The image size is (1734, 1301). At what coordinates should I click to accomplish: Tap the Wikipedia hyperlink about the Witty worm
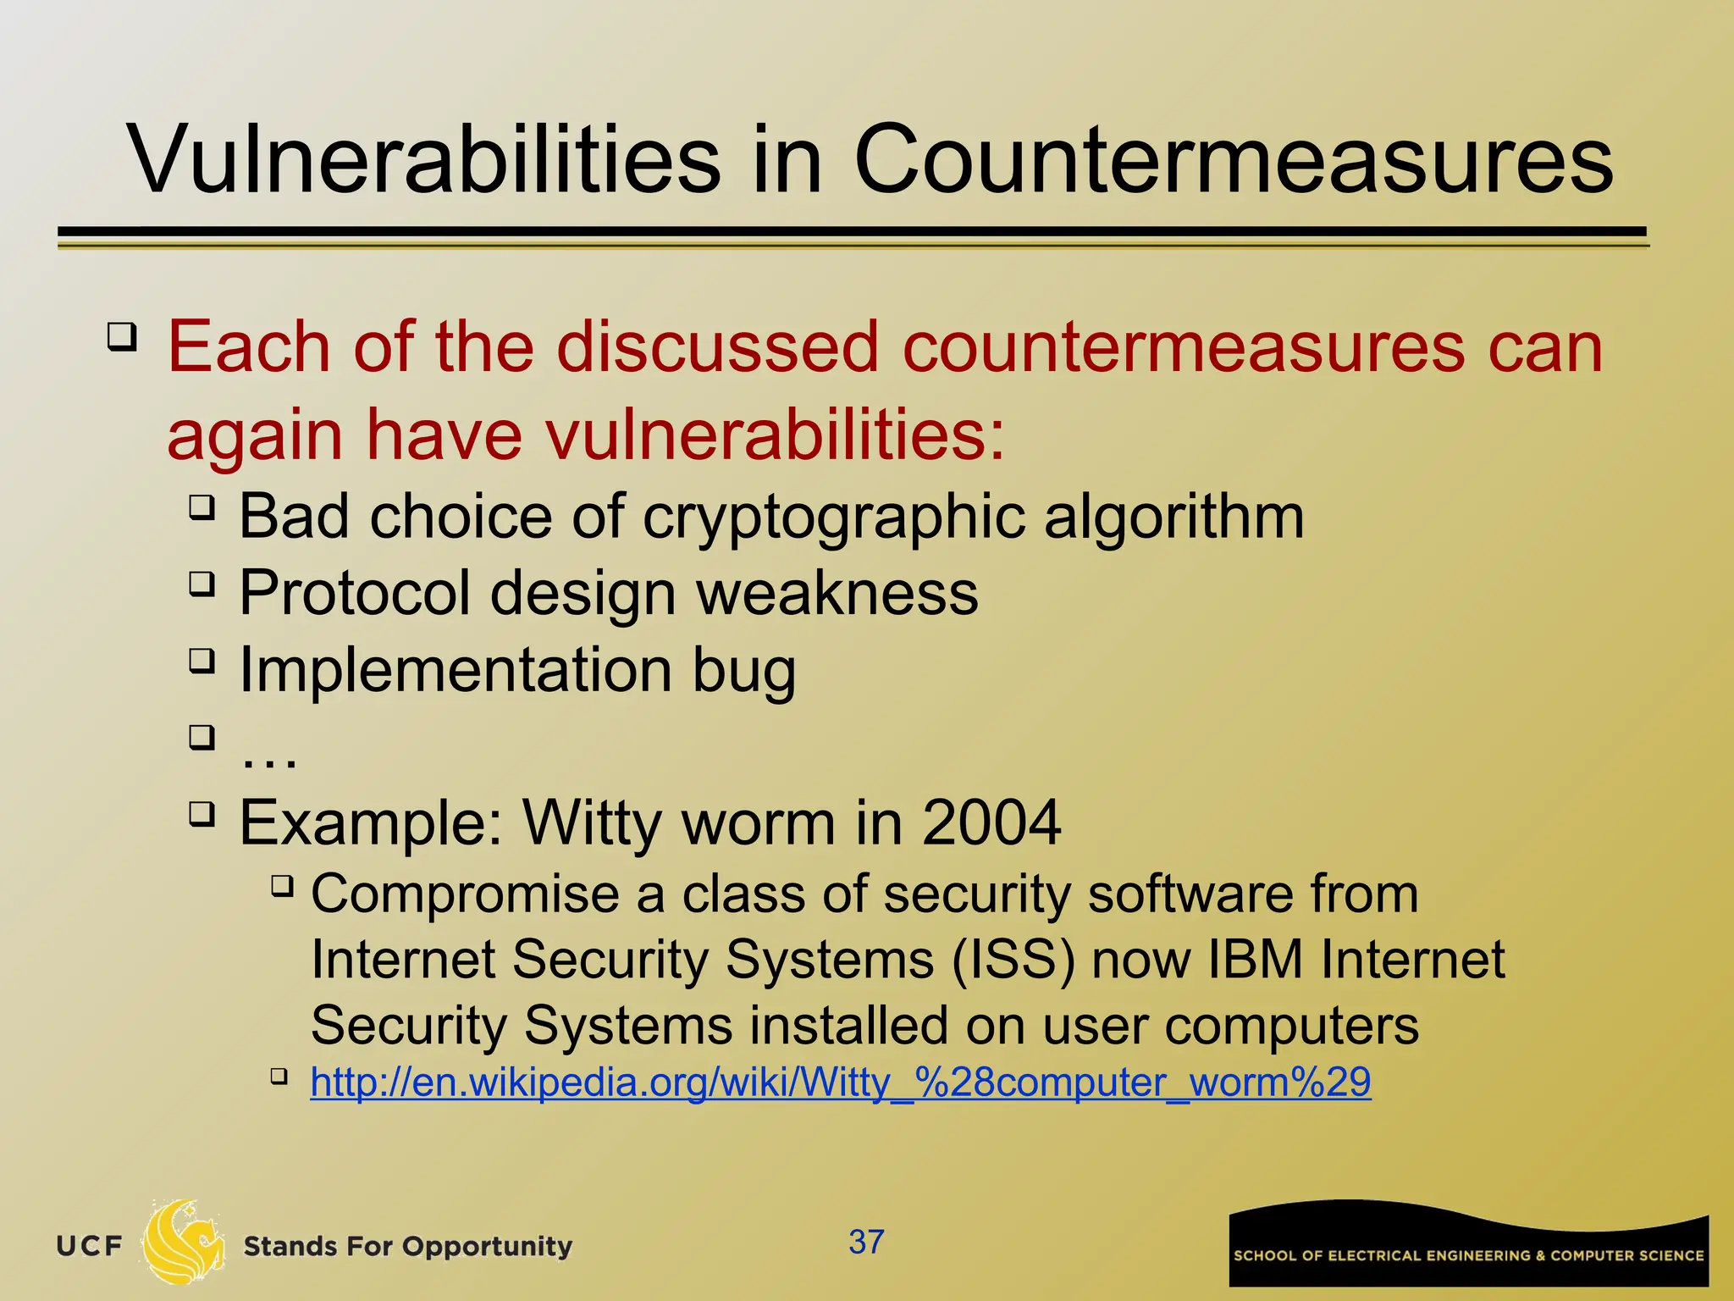pyautogui.click(x=840, y=1082)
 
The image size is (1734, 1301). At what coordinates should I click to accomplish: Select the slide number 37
pyautogui.click(x=866, y=1242)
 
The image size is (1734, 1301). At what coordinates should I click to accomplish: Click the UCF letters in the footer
pyautogui.click(x=90, y=1246)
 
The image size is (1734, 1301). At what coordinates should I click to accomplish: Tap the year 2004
pyautogui.click(x=991, y=822)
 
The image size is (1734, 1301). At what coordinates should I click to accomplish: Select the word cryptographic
pyautogui.click(x=833, y=517)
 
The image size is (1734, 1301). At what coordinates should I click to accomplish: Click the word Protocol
pyautogui.click(x=355, y=593)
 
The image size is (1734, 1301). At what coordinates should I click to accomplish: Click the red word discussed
pyautogui.click(x=718, y=347)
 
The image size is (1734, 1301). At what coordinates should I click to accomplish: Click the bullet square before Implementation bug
pyautogui.click(x=202, y=660)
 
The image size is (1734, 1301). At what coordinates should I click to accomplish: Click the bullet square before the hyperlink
pyautogui.click(x=279, y=1077)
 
